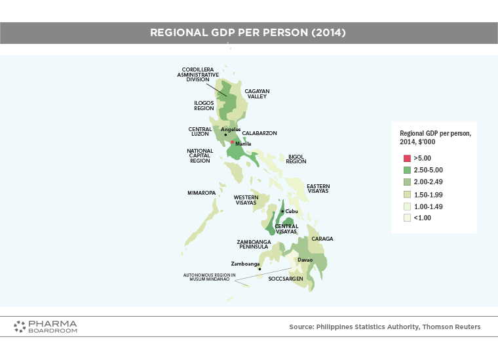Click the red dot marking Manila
coord(233,142)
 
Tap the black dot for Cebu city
coord(282,211)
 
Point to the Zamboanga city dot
coord(259,269)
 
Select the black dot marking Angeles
coord(225,134)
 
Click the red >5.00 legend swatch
coord(407,158)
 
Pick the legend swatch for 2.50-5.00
coord(407,170)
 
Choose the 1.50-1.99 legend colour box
coord(407,195)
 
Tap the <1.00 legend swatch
coord(407,218)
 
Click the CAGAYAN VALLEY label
coord(257,94)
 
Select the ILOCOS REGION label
coord(204,106)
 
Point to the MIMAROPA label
coord(201,193)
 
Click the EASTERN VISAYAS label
coord(318,188)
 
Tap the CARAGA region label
coord(322,239)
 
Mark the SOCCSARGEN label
coord(286,279)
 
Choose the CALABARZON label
coord(259,133)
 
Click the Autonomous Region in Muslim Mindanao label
coord(209,277)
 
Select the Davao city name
coord(305,260)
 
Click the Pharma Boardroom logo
coord(45,327)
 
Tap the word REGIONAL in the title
coord(179,32)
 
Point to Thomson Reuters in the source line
coord(451,327)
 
